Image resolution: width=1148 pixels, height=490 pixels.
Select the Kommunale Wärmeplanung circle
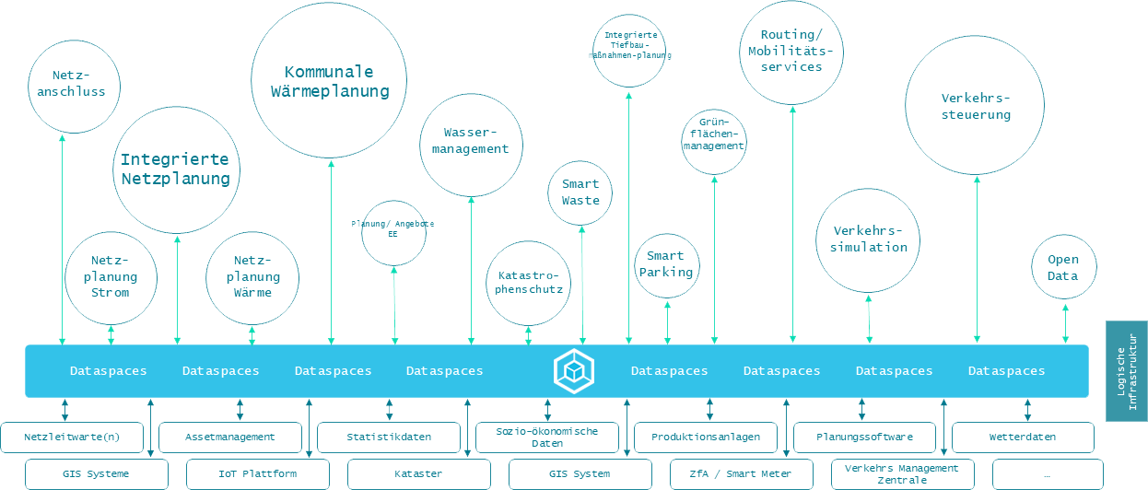[x=330, y=81]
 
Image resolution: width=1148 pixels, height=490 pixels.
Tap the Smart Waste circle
[x=580, y=192]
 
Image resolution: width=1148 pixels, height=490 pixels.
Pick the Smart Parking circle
[x=667, y=265]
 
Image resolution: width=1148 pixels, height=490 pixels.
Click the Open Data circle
[x=1064, y=266]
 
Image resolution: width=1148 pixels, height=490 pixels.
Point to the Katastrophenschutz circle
[x=529, y=284]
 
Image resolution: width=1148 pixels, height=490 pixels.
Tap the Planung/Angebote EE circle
[x=393, y=232]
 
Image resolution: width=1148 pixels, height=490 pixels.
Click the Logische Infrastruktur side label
[x=1126, y=371]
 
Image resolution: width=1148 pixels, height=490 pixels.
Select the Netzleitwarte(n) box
[x=72, y=437]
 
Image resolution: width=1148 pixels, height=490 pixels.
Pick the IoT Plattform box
[x=258, y=473]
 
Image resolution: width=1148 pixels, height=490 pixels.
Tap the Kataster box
[x=418, y=473]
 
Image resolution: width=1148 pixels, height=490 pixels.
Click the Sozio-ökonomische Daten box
[x=547, y=437]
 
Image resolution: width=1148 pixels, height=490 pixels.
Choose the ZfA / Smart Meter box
[x=741, y=473]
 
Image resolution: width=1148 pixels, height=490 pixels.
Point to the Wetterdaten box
[x=1023, y=437]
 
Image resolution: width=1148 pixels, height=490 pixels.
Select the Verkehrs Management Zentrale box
[x=902, y=473]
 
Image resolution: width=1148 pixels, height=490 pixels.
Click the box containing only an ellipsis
[x=1046, y=473]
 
